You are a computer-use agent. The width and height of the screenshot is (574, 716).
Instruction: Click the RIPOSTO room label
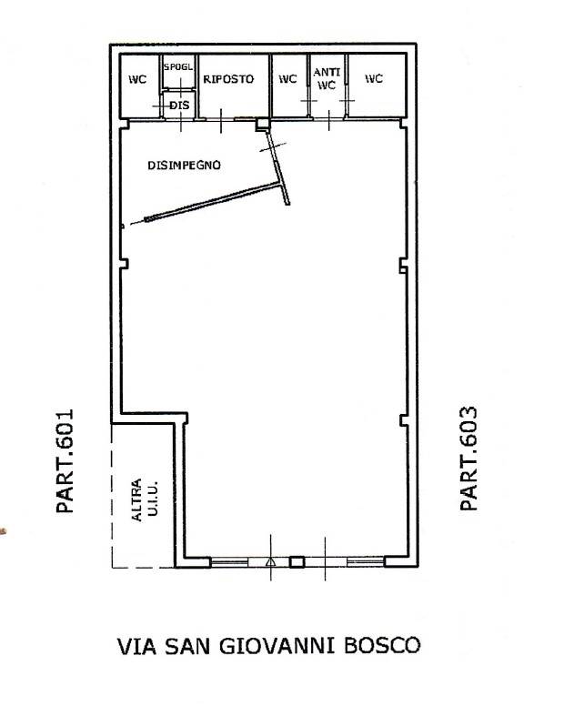click(x=228, y=79)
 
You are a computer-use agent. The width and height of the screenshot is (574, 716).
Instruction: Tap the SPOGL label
click(x=178, y=67)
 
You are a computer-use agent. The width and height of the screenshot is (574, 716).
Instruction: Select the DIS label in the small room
click(x=179, y=106)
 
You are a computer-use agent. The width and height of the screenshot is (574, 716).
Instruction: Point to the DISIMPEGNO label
click(x=184, y=165)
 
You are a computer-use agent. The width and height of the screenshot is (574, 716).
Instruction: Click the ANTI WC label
click(x=327, y=78)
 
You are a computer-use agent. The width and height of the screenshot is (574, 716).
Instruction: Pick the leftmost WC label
click(x=137, y=79)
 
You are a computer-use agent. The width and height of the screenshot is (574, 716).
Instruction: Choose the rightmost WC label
click(x=374, y=79)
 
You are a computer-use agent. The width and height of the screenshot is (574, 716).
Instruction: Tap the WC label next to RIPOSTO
click(x=287, y=79)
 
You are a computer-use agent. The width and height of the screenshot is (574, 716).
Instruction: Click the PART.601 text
click(x=65, y=460)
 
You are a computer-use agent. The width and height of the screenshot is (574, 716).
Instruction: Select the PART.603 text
click(x=468, y=458)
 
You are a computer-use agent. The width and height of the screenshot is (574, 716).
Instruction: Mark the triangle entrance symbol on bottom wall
click(x=270, y=561)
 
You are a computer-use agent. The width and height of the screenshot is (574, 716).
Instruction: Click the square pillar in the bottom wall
click(x=297, y=561)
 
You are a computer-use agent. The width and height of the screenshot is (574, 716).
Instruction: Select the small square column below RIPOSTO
click(x=262, y=125)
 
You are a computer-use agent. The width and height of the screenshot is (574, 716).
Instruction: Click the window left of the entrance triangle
click(x=229, y=561)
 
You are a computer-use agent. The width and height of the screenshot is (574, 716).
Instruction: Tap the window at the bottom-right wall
click(x=366, y=561)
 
